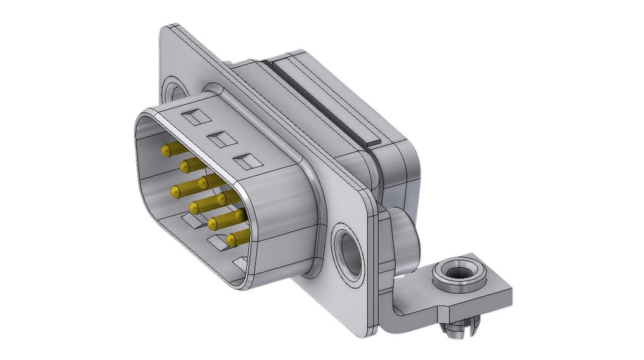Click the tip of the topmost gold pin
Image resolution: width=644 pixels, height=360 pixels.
(167, 150)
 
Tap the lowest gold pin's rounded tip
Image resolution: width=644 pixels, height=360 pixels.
(232, 239)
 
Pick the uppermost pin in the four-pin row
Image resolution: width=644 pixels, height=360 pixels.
(203, 183)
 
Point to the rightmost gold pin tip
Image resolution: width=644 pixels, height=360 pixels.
(240, 215)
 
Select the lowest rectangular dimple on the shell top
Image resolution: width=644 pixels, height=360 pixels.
(246, 162)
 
